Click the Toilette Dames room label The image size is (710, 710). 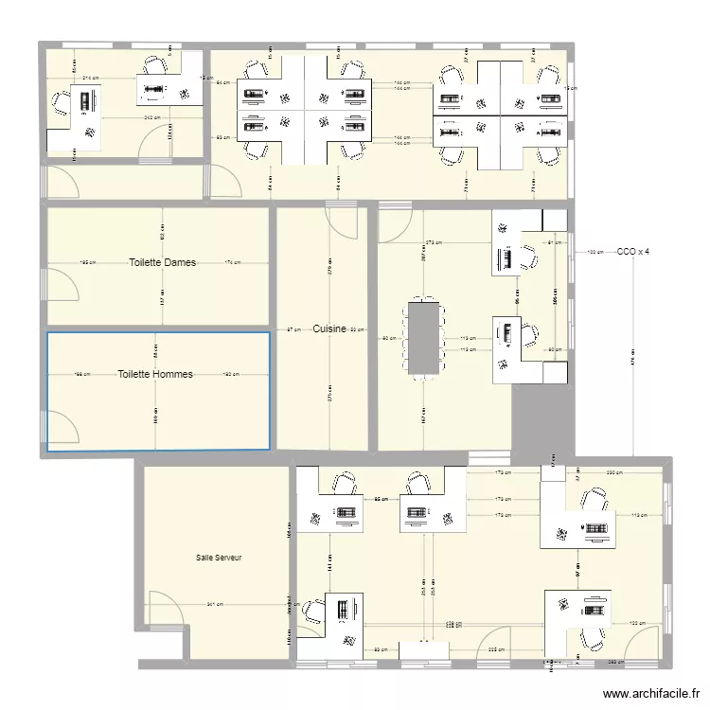click(x=163, y=262)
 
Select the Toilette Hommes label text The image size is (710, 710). click(x=155, y=374)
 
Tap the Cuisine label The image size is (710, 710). click(x=329, y=328)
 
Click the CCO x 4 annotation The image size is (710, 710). click(x=633, y=252)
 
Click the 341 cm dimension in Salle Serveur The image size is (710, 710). click(x=215, y=604)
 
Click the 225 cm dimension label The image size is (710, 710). click(x=494, y=649)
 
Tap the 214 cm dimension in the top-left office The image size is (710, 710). click(x=91, y=78)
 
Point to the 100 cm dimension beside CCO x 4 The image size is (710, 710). click(x=595, y=252)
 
